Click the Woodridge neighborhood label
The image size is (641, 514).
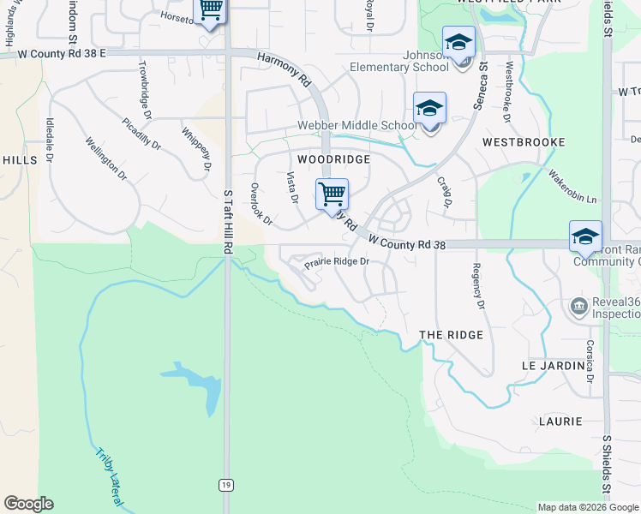coord(333,159)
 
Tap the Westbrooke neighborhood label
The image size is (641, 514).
coord(523,141)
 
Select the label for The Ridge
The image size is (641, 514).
coord(451,334)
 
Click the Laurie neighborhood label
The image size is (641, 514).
coord(560,421)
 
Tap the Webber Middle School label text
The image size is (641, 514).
coord(356,125)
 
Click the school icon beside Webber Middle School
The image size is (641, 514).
coord(429,109)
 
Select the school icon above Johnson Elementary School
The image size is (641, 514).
coord(458,43)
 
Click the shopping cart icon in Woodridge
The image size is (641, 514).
coord(332,194)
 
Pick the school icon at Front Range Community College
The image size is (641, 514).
coord(585,237)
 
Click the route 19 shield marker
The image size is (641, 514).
coord(225,485)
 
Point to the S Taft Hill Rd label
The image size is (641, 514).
coord(227,221)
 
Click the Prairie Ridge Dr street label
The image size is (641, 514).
coord(337,261)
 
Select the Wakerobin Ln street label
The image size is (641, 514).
coord(572,185)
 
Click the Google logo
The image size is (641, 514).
coord(28,504)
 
